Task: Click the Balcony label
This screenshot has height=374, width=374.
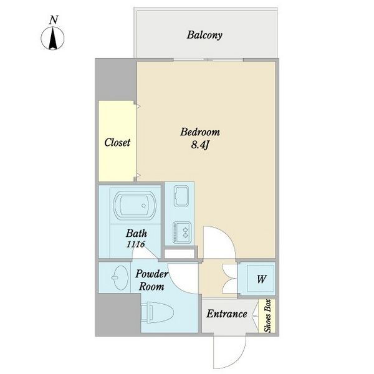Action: pos(204,36)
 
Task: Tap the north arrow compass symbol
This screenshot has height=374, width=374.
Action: pos(52,38)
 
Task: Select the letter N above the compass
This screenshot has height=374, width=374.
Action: pos(54,20)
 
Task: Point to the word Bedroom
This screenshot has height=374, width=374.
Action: pos(200,132)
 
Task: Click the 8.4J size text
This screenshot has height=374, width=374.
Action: pos(200,145)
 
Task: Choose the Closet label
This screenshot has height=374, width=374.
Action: pos(117,142)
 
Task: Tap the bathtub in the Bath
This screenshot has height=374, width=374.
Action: pos(135,205)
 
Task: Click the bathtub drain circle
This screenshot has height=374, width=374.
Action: pos(143,205)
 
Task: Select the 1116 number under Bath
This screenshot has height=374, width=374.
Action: pos(136,244)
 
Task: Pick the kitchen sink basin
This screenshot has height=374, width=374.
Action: pos(181,196)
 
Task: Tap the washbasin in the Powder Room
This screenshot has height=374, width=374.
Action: pos(120,277)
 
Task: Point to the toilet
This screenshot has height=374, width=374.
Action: pos(157,313)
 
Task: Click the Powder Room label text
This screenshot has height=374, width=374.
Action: pos(151,280)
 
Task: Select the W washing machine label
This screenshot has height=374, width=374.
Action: pos(261,279)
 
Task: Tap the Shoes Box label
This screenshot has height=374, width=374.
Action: pos(268,316)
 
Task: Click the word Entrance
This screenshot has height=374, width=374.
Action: pos(227,314)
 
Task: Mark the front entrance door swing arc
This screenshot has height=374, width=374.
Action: pos(239,362)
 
